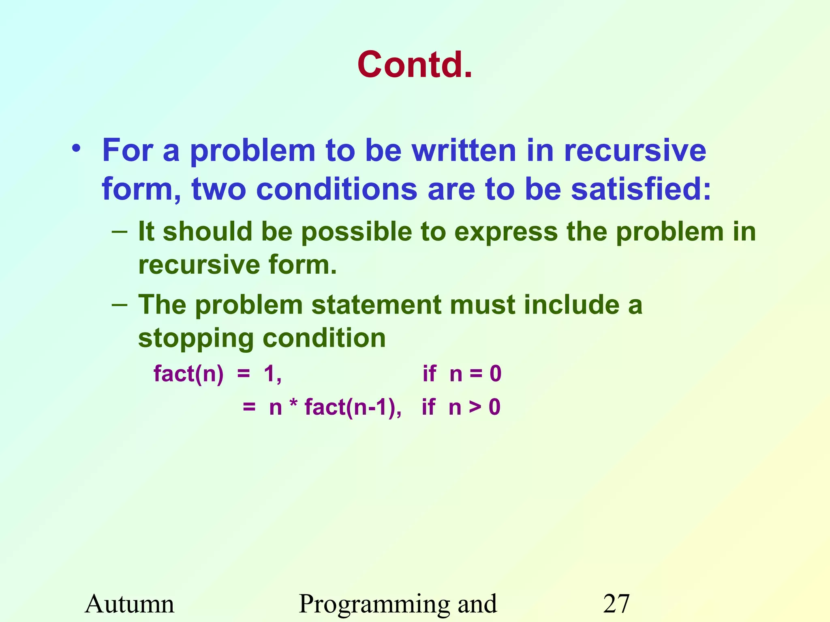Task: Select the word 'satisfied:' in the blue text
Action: point(641,189)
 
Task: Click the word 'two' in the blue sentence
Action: point(219,189)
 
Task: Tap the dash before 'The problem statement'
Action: point(120,305)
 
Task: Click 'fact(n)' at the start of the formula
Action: point(188,373)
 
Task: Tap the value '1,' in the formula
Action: point(272,373)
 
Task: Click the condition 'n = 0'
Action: point(475,373)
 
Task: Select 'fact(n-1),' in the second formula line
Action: point(353,407)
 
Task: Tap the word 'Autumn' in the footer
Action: point(130,604)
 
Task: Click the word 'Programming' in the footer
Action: point(375,605)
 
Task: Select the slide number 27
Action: point(616,604)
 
